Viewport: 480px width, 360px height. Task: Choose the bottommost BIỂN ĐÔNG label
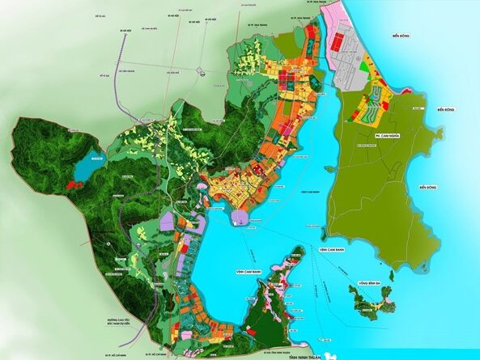(428, 187)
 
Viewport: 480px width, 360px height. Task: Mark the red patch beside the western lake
(74, 184)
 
